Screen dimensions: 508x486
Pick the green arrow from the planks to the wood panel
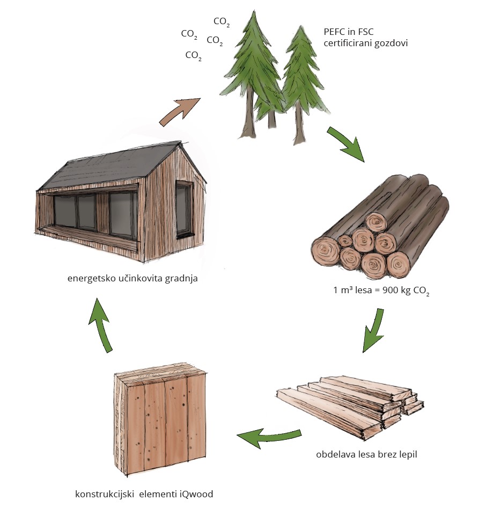coord(268,436)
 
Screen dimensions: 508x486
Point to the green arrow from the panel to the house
coord(102,325)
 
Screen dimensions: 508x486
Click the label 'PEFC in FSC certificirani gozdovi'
coord(365,37)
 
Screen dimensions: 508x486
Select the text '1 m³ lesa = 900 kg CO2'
coord(381,292)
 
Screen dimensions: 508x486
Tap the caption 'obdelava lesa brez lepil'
coord(366,454)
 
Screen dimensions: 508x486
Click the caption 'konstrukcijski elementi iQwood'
coord(144,494)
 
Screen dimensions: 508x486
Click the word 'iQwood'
coord(198,494)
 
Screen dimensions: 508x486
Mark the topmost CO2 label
coord(222,21)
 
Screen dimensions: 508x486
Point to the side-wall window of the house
coord(183,210)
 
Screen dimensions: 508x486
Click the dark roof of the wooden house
coord(107,166)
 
